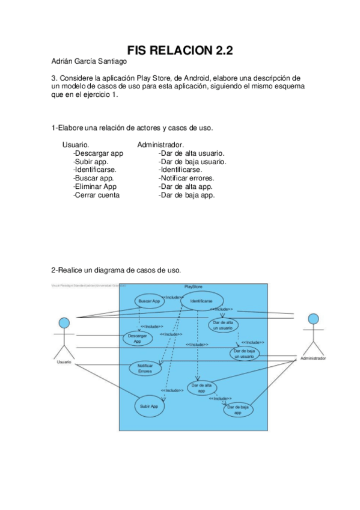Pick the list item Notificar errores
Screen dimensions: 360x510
(186, 178)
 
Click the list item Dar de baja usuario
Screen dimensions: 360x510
(192, 161)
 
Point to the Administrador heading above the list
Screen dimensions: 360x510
(160, 145)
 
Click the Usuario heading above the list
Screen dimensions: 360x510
(76, 145)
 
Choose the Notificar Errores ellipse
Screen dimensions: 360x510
(145, 368)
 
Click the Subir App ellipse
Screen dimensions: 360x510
(149, 406)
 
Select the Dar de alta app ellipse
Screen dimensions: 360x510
(201, 388)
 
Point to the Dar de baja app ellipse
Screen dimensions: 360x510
(237, 410)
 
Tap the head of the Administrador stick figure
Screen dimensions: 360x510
(313, 318)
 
